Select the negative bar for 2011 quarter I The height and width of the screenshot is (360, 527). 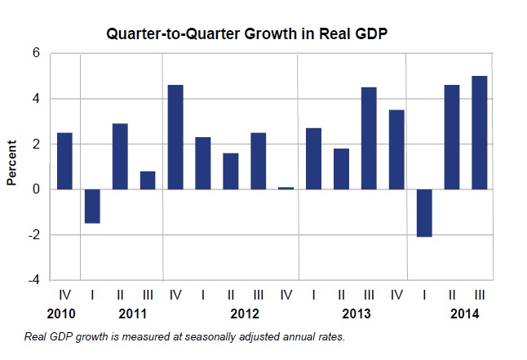[x=92, y=206]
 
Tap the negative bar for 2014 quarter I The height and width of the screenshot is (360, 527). [x=424, y=212]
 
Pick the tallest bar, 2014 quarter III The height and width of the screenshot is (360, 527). [x=480, y=132]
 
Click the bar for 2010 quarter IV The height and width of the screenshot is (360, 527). [x=64, y=161]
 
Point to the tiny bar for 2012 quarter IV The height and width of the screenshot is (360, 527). [x=286, y=188]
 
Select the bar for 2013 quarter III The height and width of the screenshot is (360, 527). [x=369, y=138]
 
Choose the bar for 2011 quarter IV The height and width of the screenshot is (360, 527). [x=175, y=137]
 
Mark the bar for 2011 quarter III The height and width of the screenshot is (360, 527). [x=148, y=180]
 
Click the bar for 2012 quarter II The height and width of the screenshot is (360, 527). [x=231, y=171]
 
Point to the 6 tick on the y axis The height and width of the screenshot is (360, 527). [x=36, y=53]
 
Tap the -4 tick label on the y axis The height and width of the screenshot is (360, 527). [x=33, y=280]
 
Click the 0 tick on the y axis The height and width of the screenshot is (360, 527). [x=36, y=189]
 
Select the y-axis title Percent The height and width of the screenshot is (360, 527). [x=12, y=164]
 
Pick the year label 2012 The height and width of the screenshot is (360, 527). [x=244, y=314]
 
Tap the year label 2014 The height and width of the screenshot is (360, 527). [x=465, y=314]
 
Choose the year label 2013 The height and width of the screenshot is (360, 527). [x=356, y=314]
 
